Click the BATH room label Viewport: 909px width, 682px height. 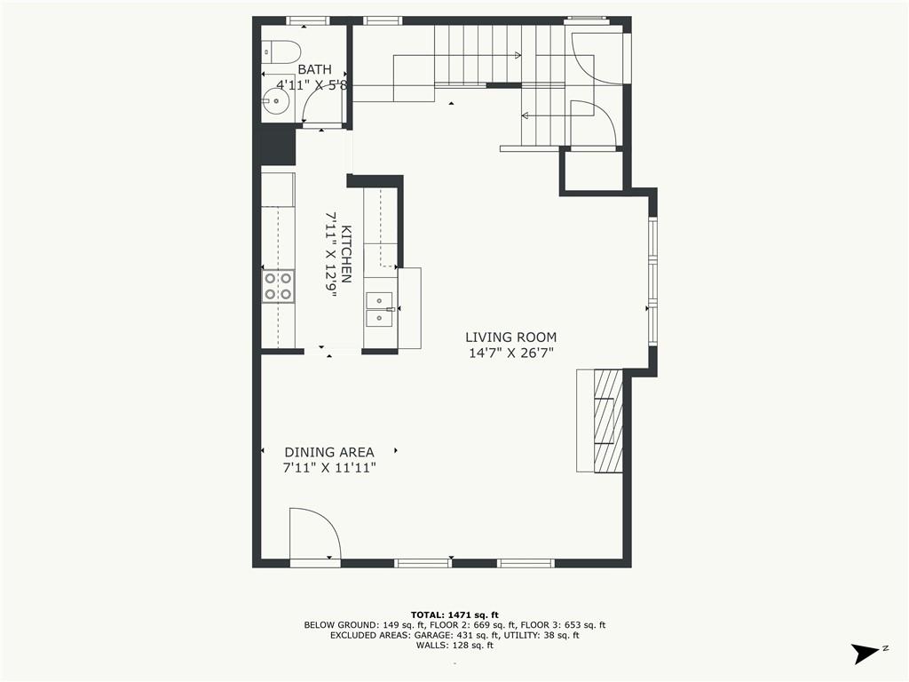315,69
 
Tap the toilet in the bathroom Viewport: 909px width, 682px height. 282,52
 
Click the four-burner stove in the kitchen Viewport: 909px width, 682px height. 278,287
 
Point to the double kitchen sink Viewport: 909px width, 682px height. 379,306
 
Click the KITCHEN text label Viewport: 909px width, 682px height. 347,254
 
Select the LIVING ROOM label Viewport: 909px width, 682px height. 510,337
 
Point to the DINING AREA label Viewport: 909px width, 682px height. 328,452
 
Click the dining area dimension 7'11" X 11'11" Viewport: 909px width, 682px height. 328,468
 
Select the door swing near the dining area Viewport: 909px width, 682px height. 314,534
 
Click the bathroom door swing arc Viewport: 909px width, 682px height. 320,102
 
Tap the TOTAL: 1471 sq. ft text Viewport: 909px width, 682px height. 454,615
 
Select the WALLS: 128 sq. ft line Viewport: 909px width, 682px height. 454,646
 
